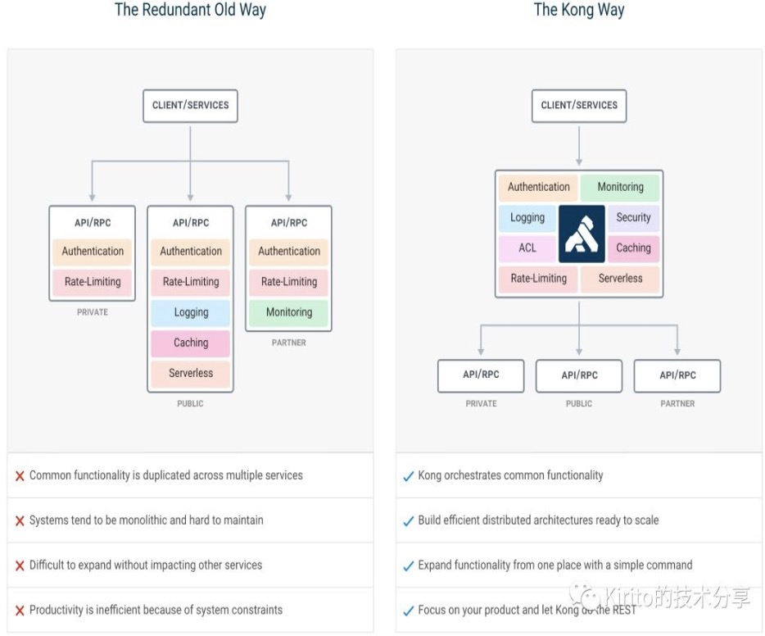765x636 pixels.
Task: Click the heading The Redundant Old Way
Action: pos(190,10)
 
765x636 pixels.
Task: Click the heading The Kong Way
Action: pos(579,10)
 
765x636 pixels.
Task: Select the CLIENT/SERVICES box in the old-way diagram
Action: pos(190,106)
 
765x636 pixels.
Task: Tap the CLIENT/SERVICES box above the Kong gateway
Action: pos(579,106)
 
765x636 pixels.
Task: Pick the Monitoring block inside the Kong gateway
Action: pos(620,187)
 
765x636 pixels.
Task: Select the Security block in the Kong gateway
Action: pos(633,217)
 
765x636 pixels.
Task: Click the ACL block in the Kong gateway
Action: pos(527,248)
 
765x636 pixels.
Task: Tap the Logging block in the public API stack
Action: pos(191,312)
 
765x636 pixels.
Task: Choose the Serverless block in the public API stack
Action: pos(191,373)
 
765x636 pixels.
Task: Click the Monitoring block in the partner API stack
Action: pos(289,312)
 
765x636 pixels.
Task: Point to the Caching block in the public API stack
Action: pos(191,343)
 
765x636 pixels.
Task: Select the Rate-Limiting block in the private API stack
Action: pos(93,282)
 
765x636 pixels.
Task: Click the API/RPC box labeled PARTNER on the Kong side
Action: pos(677,375)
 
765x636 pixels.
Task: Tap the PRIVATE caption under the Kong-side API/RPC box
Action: pos(481,403)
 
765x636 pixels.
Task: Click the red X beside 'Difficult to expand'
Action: pos(20,566)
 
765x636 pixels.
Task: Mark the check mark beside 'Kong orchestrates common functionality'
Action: pos(408,476)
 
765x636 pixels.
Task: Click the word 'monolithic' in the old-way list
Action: pos(138,520)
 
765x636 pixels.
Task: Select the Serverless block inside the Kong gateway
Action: pos(620,279)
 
